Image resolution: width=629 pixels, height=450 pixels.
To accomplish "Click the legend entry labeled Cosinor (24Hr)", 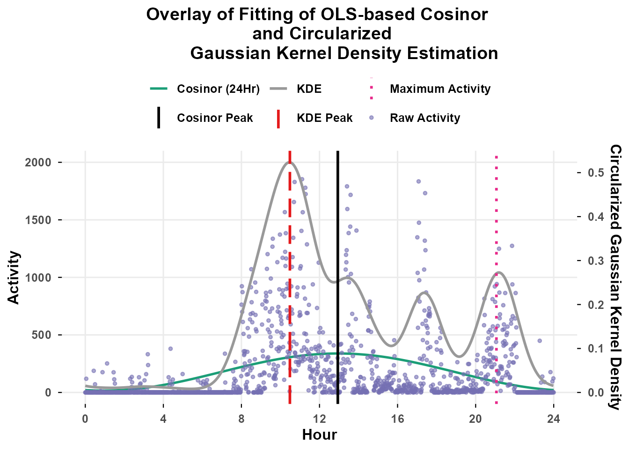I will pos(218,89).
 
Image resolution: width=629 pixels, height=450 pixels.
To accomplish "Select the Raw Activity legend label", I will pos(424,118).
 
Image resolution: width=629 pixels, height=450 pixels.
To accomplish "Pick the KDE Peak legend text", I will pos(324,118).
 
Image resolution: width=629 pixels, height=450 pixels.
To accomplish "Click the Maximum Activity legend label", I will pos(440,89).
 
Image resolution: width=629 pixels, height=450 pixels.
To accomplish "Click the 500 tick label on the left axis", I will pos(44,335).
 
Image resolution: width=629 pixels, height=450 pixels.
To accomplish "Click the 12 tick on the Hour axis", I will pos(320,419).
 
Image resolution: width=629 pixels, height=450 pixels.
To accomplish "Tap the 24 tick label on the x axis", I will pos(554,419).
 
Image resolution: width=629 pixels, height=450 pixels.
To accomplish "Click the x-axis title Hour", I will pos(320,435).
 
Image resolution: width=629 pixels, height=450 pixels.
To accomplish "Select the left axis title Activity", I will pos(15,277).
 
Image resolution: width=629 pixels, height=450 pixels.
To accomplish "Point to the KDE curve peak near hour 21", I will pos(499,272).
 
